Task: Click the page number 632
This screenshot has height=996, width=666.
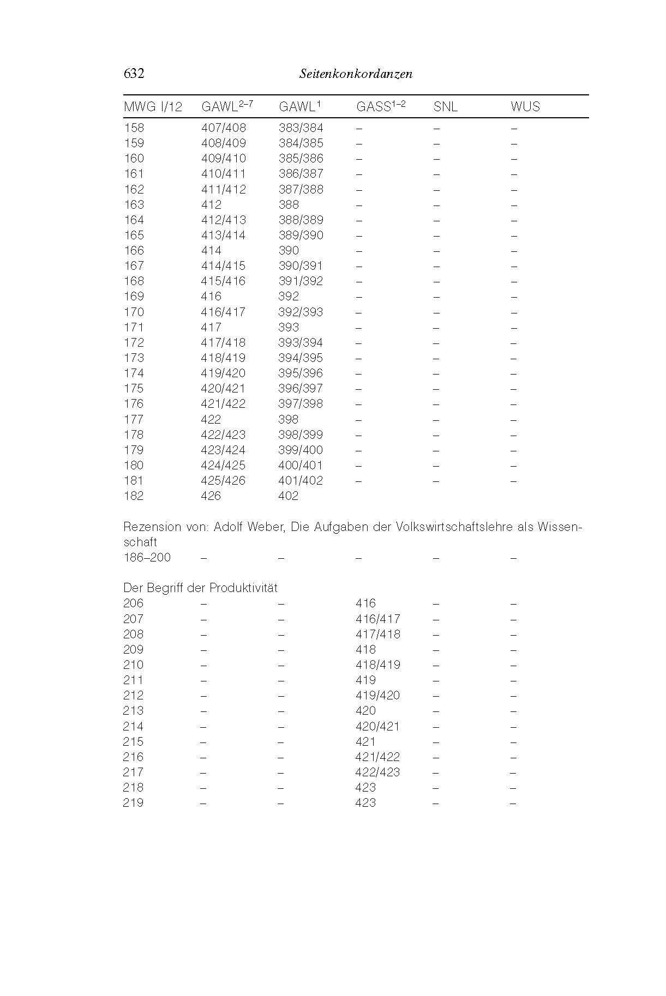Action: pyautogui.click(x=134, y=74)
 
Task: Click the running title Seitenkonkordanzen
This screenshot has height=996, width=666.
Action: pyautogui.click(x=356, y=74)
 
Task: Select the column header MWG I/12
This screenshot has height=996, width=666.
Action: pyautogui.click(x=153, y=107)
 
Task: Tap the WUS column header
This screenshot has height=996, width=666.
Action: pyautogui.click(x=525, y=107)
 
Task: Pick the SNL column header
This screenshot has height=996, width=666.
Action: pyautogui.click(x=445, y=107)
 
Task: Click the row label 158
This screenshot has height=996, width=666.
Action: pyautogui.click(x=134, y=128)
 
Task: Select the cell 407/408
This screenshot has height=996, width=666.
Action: pyautogui.click(x=224, y=128)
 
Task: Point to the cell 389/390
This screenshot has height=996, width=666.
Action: pyautogui.click(x=301, y=236)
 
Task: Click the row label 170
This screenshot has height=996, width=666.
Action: pyautogui.click(x=134, y=312)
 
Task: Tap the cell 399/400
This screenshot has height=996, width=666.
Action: pyautogui.click(x=301, y=450)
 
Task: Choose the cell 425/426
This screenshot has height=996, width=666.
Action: pyautogui.click(x=224, y=481)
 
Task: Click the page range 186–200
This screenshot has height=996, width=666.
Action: pyautogui.click(x=147, y=558)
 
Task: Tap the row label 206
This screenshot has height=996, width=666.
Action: pyautogui.click(x=134, y=603)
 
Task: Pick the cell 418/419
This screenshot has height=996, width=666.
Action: pyautogui.click(x=377, y=665)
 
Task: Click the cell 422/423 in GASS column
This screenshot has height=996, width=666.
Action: pyautogui.click(x=377, y=772)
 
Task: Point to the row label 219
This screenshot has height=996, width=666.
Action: pyautogui.click(x=134, y=803)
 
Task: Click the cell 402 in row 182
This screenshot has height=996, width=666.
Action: pyautogui.click(x=289, y=496)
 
